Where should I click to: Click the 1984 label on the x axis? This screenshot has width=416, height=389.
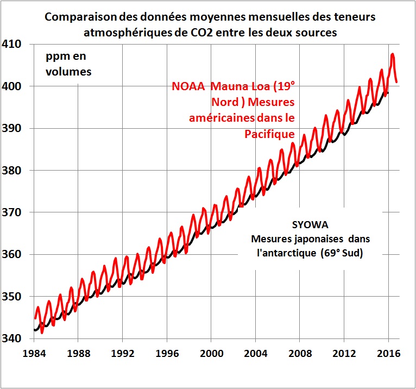(x=35, y=352)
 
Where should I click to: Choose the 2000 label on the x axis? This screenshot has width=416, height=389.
(x=212, y=352)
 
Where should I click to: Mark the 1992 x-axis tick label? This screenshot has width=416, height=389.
(x=123, y=352)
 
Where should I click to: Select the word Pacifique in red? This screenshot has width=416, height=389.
(x=270, y=134)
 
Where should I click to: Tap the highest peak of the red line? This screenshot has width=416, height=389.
(x=393, y=54)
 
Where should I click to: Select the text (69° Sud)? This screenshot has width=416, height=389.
(x=341, y=253)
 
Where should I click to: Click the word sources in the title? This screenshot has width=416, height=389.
(x=318, y=33)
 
